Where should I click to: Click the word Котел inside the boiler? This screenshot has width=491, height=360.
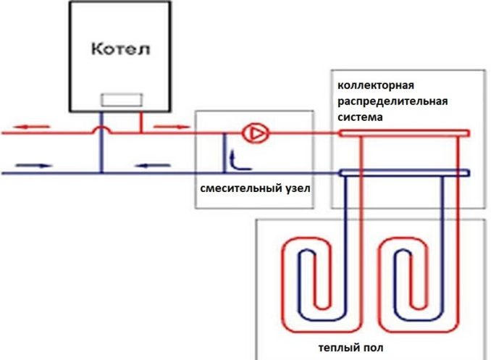(x=120, y=49)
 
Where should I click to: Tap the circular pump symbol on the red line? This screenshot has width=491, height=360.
(x=256, y=133)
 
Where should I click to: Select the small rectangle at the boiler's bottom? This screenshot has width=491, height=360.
(x=122, y=100)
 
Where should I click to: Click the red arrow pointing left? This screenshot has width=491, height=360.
(x=31, y=127)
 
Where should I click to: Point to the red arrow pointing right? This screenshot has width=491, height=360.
(x=172, y=127)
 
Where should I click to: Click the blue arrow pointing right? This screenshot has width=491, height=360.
(x=34, y=165)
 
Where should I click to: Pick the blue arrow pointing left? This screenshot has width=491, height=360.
(x=153, y=165)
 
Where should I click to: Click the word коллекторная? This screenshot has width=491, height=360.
(x=376, y=85)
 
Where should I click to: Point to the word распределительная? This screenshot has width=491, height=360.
(x=393, y=101)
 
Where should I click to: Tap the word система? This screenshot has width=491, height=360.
(x=360, y=117)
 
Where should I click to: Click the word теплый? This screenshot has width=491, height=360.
(x=337, y=348)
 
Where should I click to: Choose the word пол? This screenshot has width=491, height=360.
(x=372, y=348)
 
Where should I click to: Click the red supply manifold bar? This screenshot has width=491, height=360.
(x=404, y=133)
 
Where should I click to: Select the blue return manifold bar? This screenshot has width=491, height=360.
(x=405, y=172)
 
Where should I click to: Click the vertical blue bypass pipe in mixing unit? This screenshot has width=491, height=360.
(x=224, y=153)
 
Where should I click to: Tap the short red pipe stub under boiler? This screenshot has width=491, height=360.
(x=141, y=122)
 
